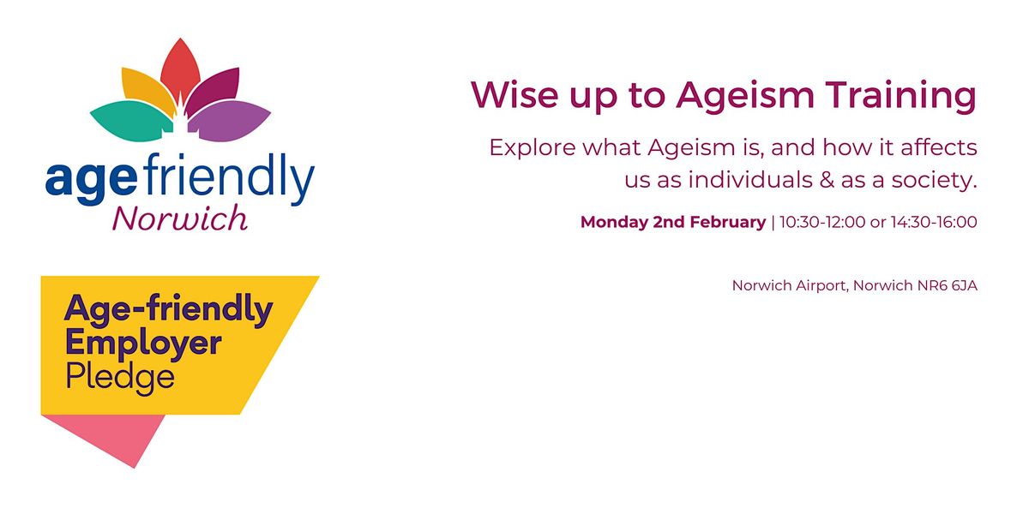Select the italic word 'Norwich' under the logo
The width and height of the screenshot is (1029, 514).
tap(180, 219)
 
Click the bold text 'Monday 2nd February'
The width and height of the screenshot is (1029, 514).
tap(672, 222)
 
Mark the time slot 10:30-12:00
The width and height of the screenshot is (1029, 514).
tap(817, 222)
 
